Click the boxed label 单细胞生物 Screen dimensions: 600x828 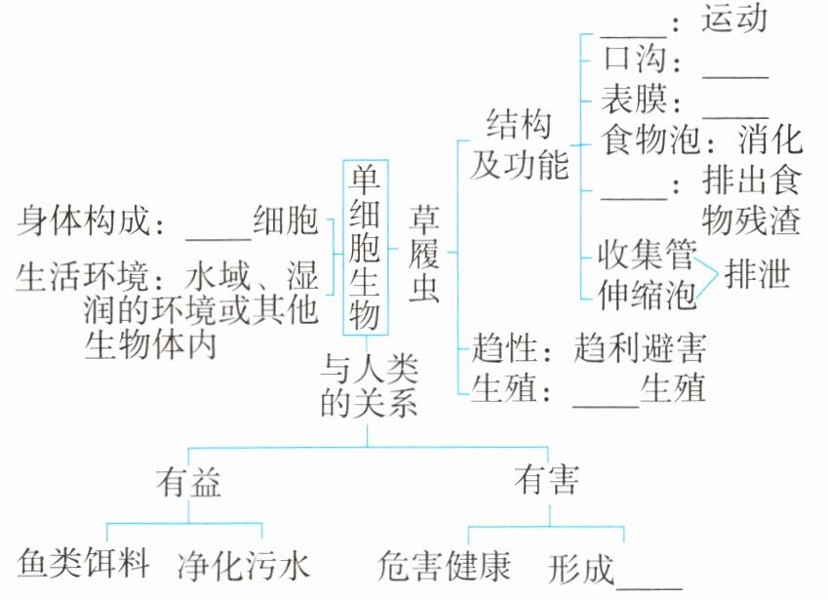pos(366,248)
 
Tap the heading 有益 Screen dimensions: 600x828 pos(188,481)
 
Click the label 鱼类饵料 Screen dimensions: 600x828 pos(84,564)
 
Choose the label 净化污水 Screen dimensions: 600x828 pos(244,565)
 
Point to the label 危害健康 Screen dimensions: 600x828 pos(444,565)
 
